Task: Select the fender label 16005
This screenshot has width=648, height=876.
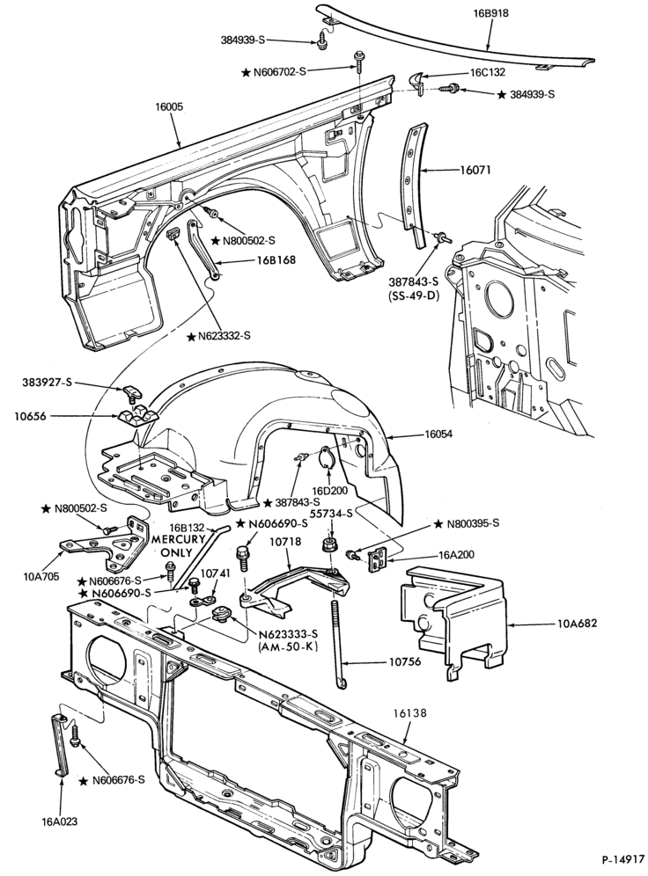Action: pos(169,106)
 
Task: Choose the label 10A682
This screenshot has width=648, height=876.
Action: pos(577,623)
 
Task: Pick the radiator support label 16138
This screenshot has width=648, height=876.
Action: pos(409,713)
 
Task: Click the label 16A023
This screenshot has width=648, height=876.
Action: pos(59,821)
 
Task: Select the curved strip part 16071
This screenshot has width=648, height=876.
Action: pos(415,185)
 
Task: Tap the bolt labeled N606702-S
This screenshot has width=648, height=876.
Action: pos(357,66)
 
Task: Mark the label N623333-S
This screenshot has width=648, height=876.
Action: pos(288,634)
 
